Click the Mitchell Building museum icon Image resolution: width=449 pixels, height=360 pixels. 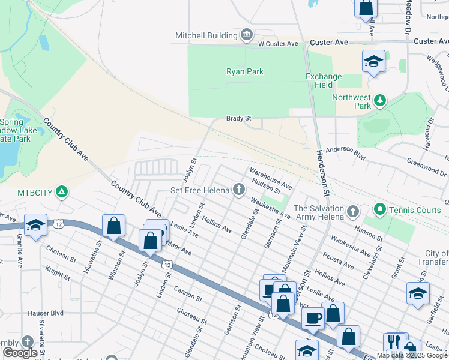point(246,36)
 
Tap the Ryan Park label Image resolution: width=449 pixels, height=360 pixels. point(245,71)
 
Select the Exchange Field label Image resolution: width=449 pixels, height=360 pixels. point(324,80)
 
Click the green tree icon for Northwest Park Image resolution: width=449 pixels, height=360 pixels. point(379,100)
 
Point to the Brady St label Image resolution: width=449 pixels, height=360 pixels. point(238,119)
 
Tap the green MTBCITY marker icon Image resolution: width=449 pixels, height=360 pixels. point(61,193)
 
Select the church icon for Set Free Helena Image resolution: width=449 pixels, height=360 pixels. point(239,191)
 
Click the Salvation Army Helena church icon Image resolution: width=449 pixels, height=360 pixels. point(353,212)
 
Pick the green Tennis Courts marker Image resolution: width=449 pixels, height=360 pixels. point(379,209)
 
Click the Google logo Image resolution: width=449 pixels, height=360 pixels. point(20,352)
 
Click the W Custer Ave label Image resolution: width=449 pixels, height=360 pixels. point(278,44)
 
